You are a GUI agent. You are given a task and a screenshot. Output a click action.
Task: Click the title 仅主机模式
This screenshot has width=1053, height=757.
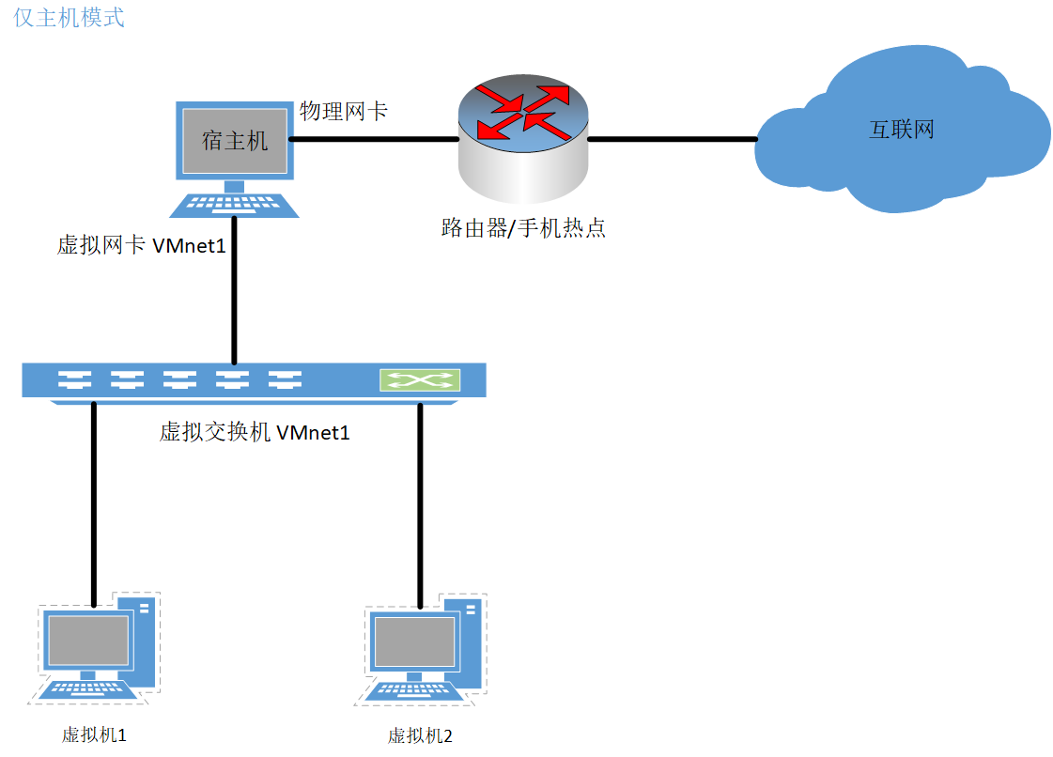point(70,18)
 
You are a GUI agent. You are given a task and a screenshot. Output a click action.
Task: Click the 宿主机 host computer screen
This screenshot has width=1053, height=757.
point(235,141)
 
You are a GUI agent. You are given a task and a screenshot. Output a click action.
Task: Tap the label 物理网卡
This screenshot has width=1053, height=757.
point(343,111)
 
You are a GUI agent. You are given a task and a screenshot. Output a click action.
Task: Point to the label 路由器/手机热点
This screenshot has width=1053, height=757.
point(523,227)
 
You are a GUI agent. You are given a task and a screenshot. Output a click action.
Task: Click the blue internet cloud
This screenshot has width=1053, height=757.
point(902,131)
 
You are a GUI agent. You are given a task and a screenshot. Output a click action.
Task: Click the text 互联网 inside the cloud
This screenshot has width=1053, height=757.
point(902,130)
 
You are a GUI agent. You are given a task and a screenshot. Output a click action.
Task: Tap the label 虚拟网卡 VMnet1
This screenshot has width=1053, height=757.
point(142,246)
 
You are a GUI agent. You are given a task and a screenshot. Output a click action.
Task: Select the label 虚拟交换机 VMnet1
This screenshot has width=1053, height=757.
point(255,432)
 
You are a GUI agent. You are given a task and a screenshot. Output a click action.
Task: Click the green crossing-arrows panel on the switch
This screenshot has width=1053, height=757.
point(420,380)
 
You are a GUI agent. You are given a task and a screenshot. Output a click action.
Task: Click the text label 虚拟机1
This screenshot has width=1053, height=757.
point(94,734)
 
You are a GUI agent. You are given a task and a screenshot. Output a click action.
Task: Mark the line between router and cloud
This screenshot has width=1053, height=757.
point(672,140)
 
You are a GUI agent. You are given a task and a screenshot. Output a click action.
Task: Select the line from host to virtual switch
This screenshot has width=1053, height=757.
point(235,291)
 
